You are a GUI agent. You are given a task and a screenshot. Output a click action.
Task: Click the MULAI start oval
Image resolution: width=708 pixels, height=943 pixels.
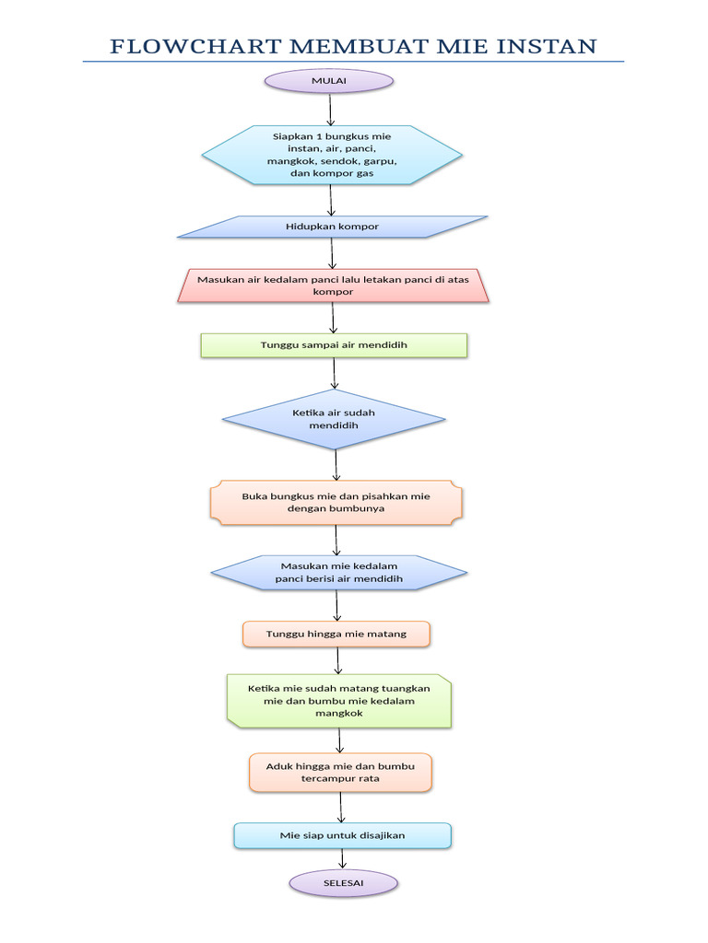point(329,81)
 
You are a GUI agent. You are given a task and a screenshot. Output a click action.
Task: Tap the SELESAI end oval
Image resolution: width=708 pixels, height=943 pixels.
point(343,883)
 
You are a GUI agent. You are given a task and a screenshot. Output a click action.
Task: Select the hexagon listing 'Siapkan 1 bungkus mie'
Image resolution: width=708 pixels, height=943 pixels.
point(332,155)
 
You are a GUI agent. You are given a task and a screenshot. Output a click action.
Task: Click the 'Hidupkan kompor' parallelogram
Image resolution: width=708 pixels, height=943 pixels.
point(332,227)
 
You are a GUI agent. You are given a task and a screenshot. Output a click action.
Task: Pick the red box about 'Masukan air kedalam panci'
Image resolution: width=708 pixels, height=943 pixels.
point(333,285)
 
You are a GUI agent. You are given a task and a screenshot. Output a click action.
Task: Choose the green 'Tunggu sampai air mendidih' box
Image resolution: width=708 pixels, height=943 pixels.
point(334,345)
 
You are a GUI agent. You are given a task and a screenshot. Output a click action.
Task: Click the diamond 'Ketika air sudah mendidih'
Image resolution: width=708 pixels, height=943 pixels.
point(334,420)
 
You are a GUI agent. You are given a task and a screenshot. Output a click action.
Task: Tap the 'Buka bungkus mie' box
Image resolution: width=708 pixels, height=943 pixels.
point(336,502)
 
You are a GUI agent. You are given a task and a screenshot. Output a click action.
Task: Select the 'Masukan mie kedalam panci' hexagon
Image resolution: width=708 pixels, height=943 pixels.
point(338,572)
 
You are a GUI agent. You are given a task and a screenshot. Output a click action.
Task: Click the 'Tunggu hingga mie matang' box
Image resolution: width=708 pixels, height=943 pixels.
point(336,634)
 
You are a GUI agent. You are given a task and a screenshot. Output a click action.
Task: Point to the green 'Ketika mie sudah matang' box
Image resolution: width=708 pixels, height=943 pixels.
point(339,701)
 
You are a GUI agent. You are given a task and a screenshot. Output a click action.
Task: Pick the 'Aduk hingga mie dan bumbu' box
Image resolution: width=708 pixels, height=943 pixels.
point(340,773)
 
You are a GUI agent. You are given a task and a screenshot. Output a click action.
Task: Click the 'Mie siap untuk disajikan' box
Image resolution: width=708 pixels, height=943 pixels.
point(342,835)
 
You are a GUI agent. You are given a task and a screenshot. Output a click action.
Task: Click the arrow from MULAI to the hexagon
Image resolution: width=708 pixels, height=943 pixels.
point(330,109)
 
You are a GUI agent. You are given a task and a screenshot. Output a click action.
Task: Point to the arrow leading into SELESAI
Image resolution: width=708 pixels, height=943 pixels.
point(343,858)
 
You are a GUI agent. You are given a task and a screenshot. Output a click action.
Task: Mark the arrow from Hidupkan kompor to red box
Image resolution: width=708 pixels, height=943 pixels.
point(332,253)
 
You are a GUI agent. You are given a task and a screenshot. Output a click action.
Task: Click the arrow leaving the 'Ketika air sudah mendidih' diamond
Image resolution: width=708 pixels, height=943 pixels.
point(336,464)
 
